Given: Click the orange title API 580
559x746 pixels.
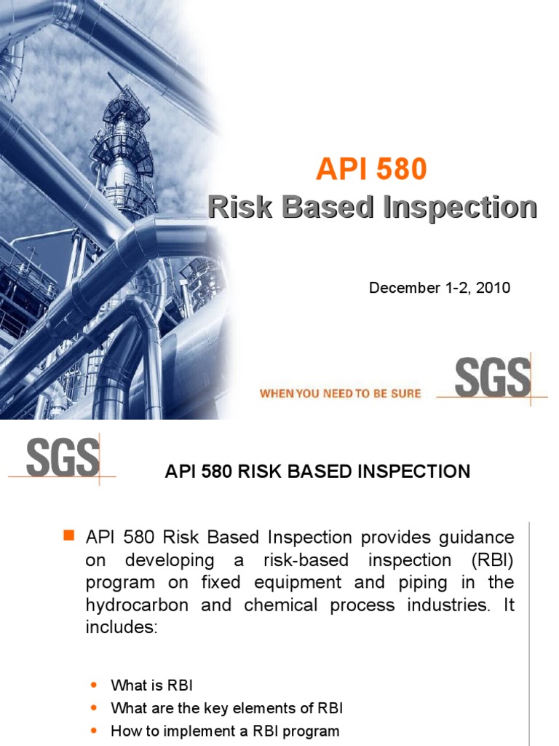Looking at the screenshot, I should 371,170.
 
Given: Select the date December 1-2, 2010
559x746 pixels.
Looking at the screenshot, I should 440,288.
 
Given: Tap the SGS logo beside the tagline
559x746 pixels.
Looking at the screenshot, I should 492,379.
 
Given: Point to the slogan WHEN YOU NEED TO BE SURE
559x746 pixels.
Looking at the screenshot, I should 341,393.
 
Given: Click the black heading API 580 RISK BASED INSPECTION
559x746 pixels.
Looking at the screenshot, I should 317,471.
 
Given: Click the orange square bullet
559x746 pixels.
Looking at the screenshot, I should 70,537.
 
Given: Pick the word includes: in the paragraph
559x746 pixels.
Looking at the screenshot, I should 122,628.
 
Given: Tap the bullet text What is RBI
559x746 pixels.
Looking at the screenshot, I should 151,685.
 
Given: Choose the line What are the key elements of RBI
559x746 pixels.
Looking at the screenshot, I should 226,708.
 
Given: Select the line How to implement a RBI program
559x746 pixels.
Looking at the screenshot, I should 225,731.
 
